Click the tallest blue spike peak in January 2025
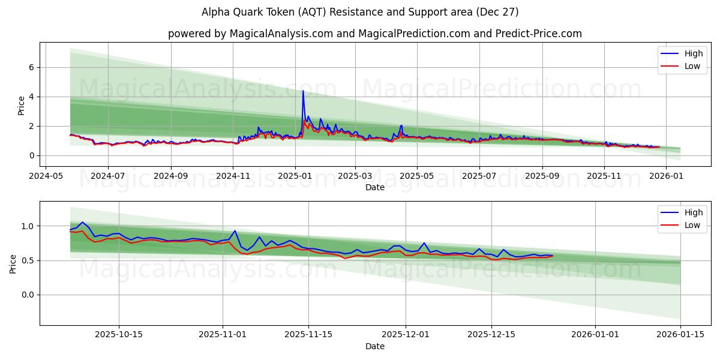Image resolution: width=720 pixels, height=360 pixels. [303, 91]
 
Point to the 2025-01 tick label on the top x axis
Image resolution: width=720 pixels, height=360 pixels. [295, 177]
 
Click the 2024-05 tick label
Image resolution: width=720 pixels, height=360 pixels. [46, 177]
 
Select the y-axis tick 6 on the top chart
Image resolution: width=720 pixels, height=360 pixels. [32, 67]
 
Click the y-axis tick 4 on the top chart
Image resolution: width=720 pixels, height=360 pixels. [32, 97]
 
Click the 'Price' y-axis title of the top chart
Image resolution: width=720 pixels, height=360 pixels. [22, 106]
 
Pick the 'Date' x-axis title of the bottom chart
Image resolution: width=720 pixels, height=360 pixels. [375, 346]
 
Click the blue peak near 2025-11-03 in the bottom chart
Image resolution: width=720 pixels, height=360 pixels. [235, 230]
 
